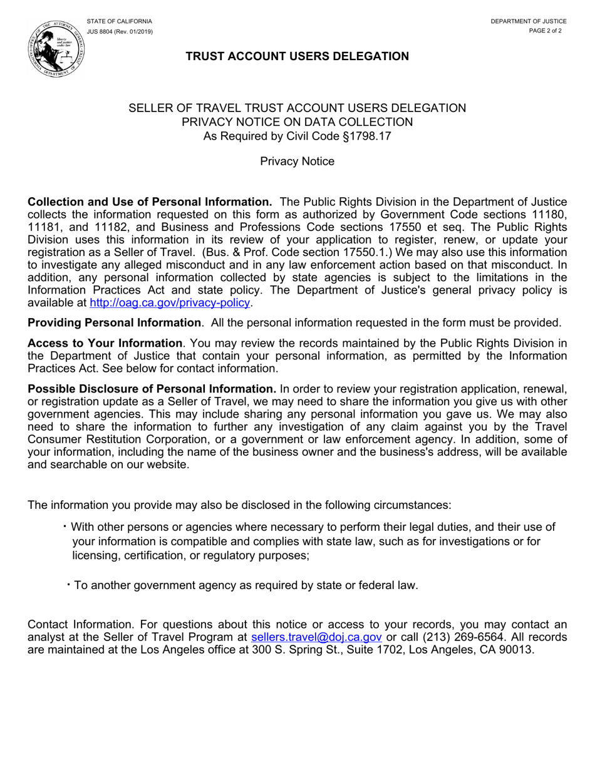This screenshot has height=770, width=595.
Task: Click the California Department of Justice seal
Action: tap(56, 48)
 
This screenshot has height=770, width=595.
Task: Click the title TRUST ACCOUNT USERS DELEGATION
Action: tap(297, 56)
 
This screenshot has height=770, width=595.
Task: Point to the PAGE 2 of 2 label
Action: tap(545, 31)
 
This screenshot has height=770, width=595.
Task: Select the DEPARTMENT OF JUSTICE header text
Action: tap(528, 21)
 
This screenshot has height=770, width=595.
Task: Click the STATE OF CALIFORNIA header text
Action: tap(119, 21)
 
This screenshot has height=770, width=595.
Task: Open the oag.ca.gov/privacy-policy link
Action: tap(170, 303)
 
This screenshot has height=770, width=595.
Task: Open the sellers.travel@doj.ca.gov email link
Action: tap(316, 637)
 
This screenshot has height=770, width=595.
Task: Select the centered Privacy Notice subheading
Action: tap(297, 162)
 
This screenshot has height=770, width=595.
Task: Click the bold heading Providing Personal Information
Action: tap(115, 323)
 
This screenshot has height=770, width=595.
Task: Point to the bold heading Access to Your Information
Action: tap(105, 343)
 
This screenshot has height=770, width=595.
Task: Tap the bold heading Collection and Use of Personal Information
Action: tap(150, 202)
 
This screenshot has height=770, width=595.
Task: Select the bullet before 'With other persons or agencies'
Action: tap(65, 526)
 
